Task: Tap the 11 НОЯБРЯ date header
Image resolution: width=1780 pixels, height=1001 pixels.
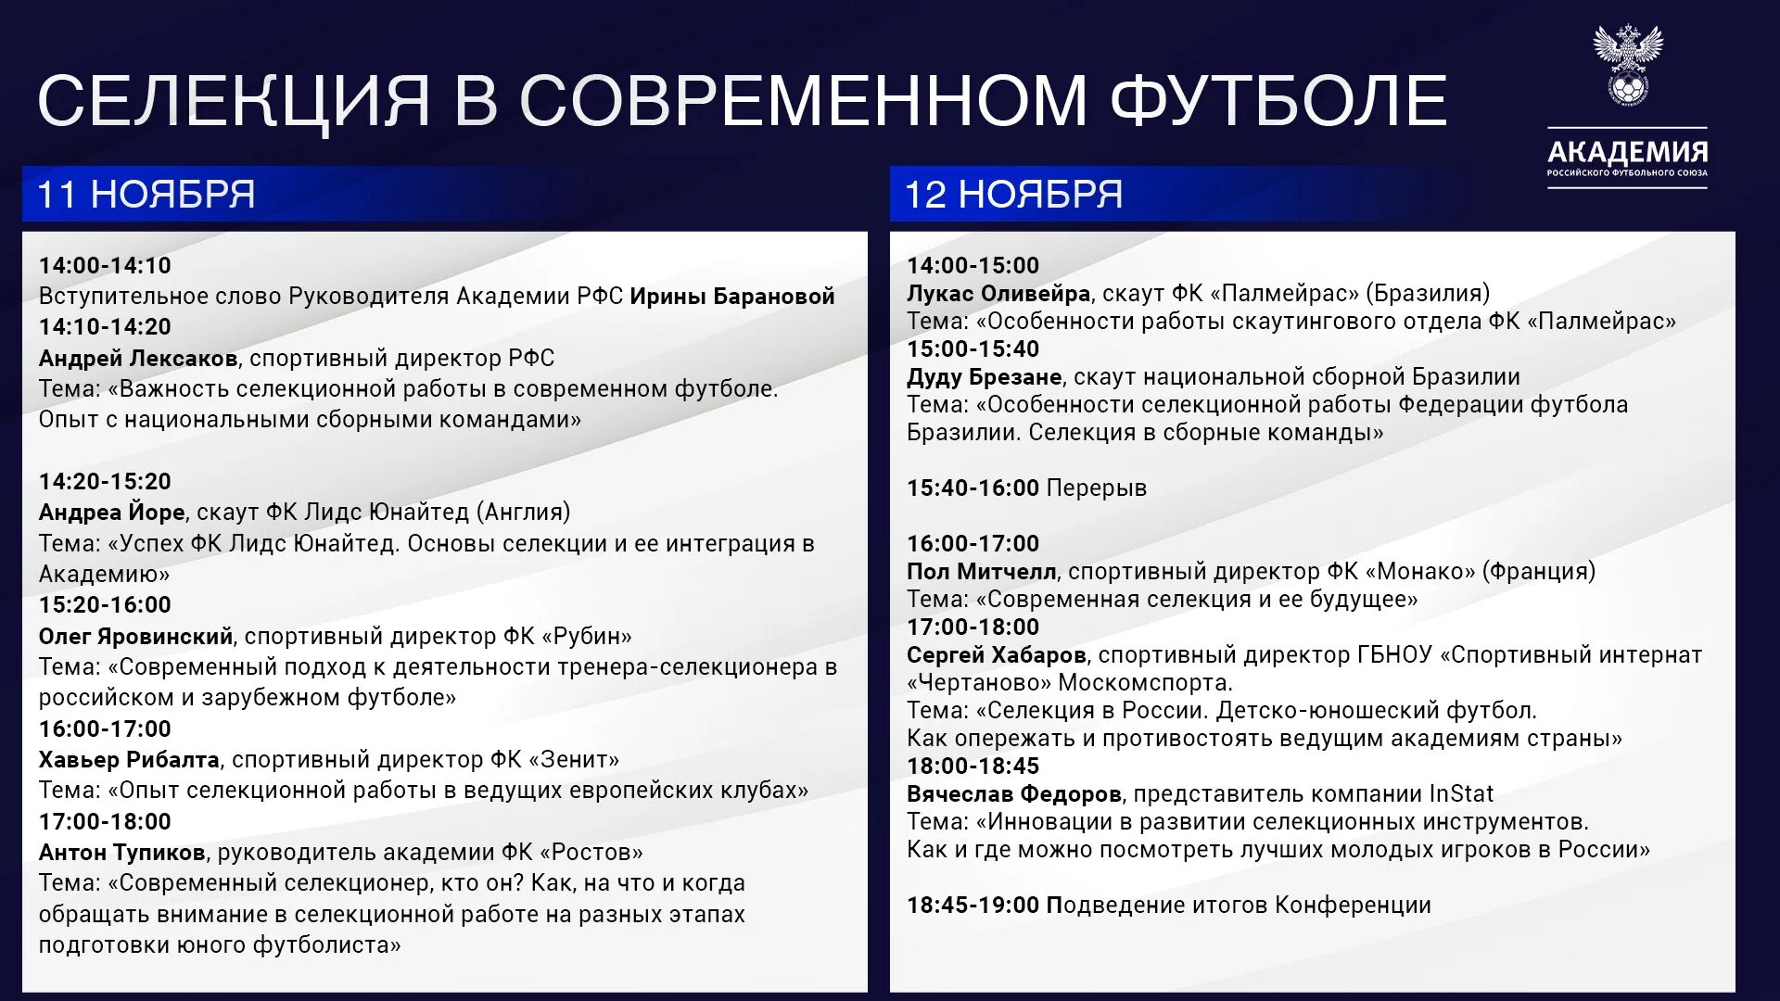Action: click(146, 195)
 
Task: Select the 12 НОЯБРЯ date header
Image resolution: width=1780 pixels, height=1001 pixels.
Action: click(1013, 195)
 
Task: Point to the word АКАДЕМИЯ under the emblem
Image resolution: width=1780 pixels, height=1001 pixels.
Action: click(1627, 151)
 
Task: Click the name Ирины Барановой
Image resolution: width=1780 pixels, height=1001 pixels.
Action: click(732, 297)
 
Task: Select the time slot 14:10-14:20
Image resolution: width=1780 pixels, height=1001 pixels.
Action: click(105, 327)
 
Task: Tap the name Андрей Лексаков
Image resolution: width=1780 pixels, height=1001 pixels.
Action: click(138, 359)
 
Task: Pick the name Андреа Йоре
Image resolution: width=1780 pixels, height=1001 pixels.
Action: click(111, 513)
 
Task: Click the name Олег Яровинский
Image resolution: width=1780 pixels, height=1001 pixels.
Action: click(135, 637)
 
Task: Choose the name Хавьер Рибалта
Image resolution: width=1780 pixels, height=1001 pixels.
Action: click(129, 760)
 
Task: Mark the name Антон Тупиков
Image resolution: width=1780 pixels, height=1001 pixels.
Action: click(121, 853)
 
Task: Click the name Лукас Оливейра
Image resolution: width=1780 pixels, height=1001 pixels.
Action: click(998, 294)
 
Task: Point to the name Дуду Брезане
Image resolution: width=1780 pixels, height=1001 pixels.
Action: click(984, 377)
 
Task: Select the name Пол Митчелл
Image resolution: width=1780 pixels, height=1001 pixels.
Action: click(981, 572)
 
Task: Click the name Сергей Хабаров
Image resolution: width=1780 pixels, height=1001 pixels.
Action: click(996, 655)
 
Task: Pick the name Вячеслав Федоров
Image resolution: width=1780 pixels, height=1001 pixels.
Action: click(1014, 794)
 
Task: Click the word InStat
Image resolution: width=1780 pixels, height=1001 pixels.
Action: click(1461, 794)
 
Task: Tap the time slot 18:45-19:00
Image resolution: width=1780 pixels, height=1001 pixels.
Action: click(973, 906)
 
